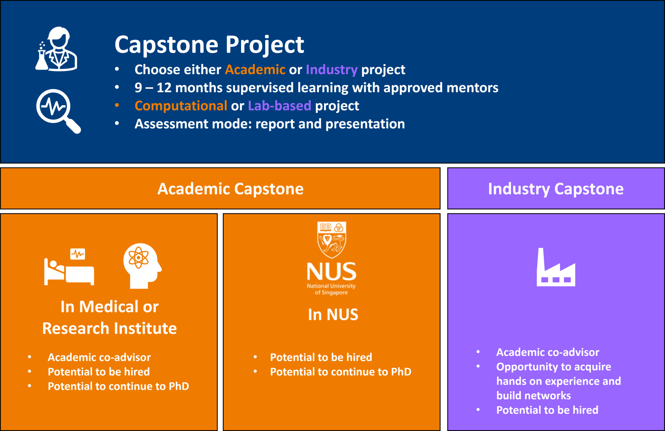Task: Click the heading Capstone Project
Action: [x=209, y=44]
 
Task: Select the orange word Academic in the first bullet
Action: [x=255, y=70]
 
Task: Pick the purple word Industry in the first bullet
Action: [x=332, y=70]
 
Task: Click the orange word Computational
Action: [x=181, y=106]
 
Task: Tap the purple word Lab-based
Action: [x=280, y=106]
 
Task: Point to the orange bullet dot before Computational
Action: [x=117, y=105]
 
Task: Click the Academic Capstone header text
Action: [x=231, y=189]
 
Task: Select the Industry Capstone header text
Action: [x=556, y=189]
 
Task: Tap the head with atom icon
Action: [x=142, y=266]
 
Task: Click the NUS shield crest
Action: [x=332, y=240]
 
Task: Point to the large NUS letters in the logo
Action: [x=332, y=272]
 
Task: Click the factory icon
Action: [x=556, y=267]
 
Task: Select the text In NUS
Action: [x=333, y=314]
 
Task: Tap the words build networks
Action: [x=533, y=396]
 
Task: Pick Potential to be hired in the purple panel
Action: [x=547, y=410]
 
